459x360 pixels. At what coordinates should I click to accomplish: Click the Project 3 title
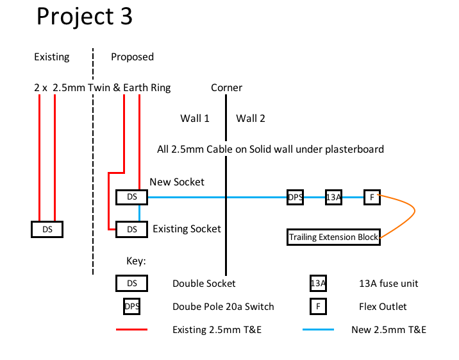(84, 17)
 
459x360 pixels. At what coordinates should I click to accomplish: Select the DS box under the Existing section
(47, 229)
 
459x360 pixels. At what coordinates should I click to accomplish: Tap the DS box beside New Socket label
(131, 197)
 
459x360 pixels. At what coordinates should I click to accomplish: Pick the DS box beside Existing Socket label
(131, 229)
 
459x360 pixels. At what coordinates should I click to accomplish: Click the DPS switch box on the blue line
(296, 197)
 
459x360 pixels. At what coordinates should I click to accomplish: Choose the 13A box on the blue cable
(333, 197)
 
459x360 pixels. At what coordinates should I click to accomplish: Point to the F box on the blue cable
(372, 197)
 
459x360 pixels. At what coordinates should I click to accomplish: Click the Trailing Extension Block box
(333, 237)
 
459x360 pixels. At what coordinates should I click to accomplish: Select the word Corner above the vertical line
(226, 88)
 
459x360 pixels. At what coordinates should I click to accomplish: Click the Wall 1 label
(195, 118)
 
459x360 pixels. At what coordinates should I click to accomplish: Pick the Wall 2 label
(251, 118)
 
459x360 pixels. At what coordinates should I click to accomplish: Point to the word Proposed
(132, 57)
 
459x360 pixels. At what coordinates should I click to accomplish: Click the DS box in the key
(131, 283)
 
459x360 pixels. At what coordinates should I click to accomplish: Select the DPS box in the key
(131, 307)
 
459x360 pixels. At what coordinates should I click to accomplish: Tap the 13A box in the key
(318, 283)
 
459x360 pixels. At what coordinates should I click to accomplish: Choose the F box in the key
(318, 307)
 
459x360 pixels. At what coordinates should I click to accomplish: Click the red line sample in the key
(131, 330)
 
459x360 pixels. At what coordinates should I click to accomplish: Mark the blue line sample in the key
(318, 330)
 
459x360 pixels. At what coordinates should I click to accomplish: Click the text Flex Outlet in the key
(383, 307)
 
